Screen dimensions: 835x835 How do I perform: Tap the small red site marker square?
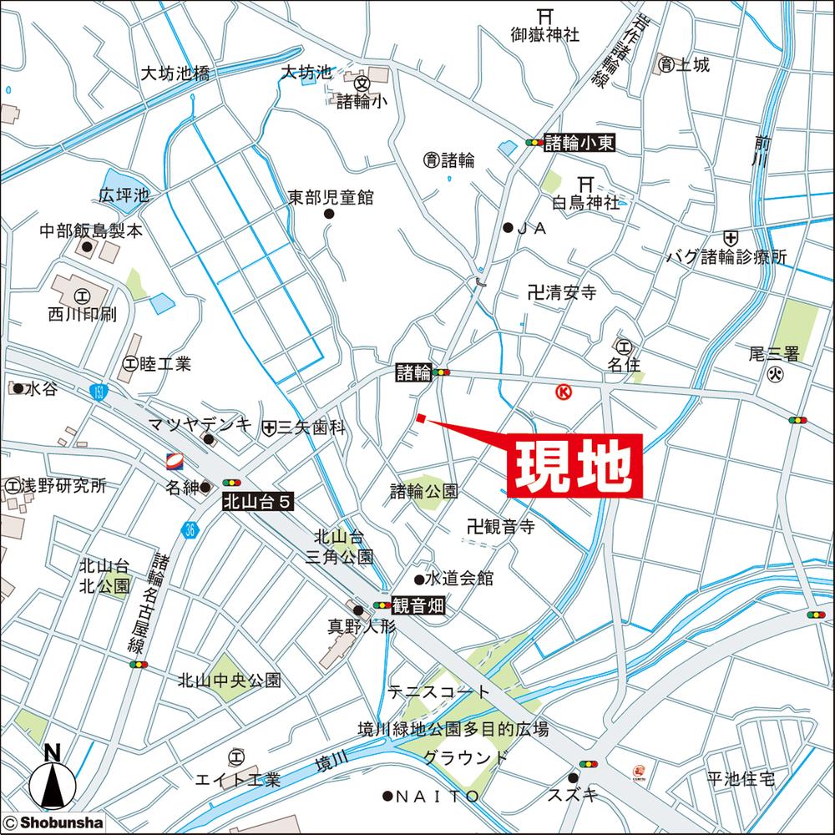click(x=422, y=418)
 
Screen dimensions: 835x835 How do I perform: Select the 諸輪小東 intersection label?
click(x=579, y=143)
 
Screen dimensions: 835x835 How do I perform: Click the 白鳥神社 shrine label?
click(x=586, y=202)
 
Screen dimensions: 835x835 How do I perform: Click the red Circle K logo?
click(x=564, y=392)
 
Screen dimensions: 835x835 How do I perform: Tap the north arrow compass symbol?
click(x=52, y=781)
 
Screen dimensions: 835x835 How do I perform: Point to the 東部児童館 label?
click(x=331, y=198)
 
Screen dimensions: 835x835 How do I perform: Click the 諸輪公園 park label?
click(x=423, y=492)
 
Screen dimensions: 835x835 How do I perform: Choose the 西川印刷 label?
click(x=82, y=315)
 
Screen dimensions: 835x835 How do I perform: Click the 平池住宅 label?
click(x=741, y=779)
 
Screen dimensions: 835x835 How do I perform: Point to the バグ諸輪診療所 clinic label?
click(x=726, y=258)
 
